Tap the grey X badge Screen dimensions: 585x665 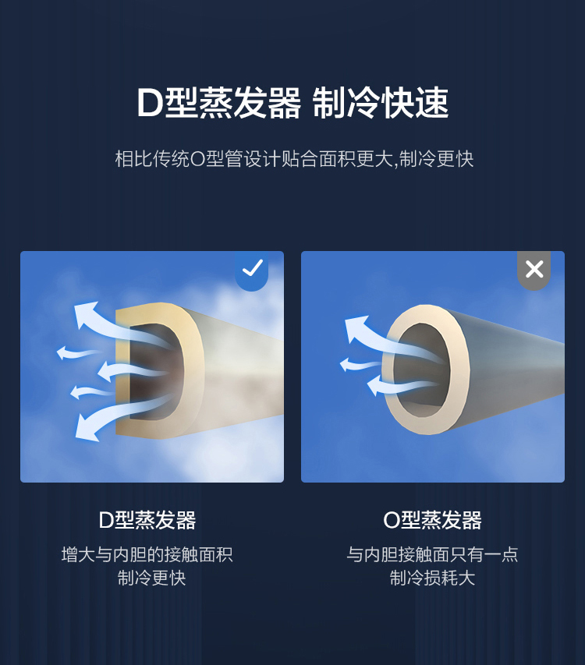click(x=534, y=270)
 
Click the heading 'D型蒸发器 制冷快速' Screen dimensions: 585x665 click(x=292, y=103)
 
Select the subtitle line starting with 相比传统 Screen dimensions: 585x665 click(x=294, y=159)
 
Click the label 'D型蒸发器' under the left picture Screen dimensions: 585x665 click(x=147, y=520)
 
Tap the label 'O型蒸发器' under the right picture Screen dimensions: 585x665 click(x=432, y=520)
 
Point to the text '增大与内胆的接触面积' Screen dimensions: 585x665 click(x=147, y=555)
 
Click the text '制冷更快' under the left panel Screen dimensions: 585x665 click(x=151, y=578)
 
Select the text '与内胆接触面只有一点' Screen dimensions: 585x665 click(x=432, y=555)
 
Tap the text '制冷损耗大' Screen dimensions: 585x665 click(x=432, y=578)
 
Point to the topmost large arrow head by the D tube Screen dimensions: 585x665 click(x=86, y=314)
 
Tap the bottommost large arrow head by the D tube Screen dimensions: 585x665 click(x=87, y=428)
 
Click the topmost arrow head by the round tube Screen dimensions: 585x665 click(x=356, y=329)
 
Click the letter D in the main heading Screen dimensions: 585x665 click(x=149, y=104)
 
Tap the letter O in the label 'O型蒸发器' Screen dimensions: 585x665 click(x=391, y=520)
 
